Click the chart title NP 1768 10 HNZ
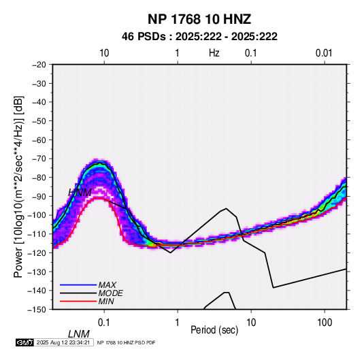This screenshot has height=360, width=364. pos(199,19)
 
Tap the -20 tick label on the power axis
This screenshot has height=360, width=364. pos(39,65)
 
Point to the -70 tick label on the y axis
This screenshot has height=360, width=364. pos(39,159)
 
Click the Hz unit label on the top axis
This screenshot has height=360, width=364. pos(214,53)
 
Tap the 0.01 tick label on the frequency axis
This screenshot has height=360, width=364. pos(324,53)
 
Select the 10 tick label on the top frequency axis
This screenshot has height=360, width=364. pos(104,53)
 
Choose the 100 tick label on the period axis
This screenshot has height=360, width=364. pos(325,323)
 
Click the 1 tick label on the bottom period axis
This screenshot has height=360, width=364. pos(178,323)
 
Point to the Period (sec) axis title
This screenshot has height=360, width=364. pos(214,330)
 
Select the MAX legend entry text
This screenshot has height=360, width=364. pos(107,284)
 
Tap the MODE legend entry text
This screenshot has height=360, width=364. pos(110,293)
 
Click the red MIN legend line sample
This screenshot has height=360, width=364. pos(78,301)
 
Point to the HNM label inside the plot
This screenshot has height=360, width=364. pos(80,193)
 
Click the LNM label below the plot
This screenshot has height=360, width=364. pos(78,334)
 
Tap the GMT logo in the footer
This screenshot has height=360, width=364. pos(25,342)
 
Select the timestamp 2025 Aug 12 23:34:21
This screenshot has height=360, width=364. pos(63,342)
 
